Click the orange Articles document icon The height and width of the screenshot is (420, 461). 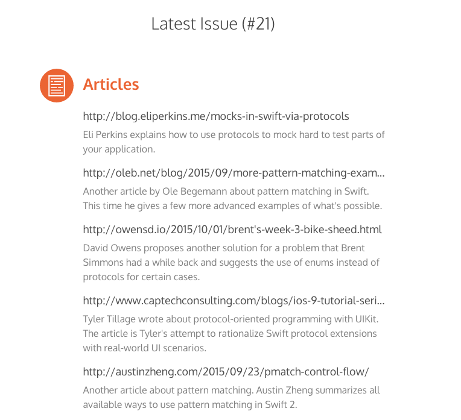coord(57,86)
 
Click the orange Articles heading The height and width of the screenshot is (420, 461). coord(111,84)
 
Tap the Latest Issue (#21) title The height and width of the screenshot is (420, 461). coord(213,24)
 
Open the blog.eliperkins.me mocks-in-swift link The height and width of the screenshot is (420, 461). coord(216,116)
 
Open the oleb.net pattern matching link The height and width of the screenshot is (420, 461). coord(234,174)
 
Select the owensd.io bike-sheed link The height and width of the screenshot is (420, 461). coord(232,230)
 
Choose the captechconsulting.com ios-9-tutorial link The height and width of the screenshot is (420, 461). coord(234,300)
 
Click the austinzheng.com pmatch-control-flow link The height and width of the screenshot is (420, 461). coord(226,371)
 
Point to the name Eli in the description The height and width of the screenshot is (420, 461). coord(89,134)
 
